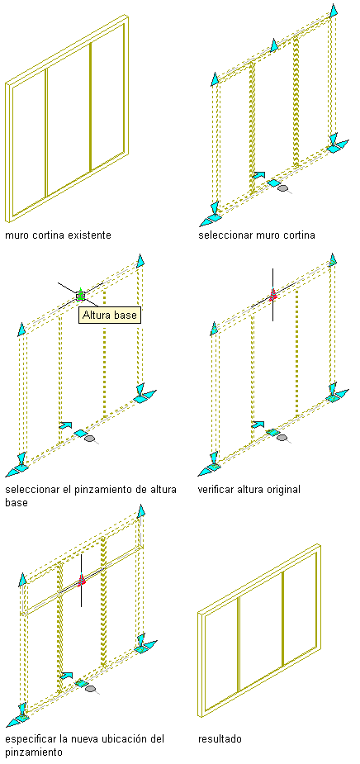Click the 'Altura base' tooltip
coord(110,316)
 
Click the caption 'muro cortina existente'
coord(58,235)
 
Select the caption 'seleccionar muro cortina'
coord(257,235)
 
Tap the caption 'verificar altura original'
coord(249,489)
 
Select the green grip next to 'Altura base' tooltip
coord(80,295)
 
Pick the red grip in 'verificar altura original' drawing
coord(272,294)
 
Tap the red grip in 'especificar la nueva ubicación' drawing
coord(82,579)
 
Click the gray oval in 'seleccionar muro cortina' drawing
coord(282,187)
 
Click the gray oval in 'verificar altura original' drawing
coord(282,438)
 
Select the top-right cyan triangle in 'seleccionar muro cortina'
coord(334,10)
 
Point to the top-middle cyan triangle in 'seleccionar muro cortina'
coord(274,45)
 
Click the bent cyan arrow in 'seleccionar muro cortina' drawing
coord(258,174)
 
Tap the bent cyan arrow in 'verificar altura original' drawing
coord(258,425)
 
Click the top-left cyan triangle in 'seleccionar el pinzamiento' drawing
coord(21,329)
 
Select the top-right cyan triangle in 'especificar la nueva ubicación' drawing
coord(141,511)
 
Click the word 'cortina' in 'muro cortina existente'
coord(45,235)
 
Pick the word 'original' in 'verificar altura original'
coord(283,489)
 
